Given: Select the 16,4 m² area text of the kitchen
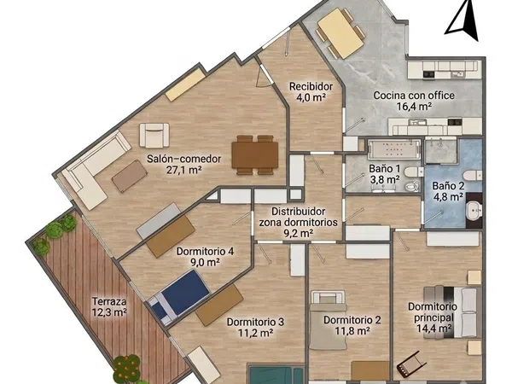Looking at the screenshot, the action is point(414,106).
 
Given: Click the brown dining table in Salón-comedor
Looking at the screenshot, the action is point(254,155).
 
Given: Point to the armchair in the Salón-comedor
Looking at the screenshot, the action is point(154,135).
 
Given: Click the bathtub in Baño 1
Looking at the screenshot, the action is point(394,149).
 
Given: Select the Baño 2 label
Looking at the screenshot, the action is point(448,186).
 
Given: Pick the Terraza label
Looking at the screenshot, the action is point(109,300).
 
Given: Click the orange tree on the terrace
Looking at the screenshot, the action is point(126,369).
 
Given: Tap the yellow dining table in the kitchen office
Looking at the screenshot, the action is point(340,33).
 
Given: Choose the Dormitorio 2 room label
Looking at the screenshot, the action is point(352,320).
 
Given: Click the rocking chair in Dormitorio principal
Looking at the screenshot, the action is point(411,364).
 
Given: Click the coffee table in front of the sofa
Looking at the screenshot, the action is point(130,177).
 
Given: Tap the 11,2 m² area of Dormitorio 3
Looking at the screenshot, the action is point(256,333).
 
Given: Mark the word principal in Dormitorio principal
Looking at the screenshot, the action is point(434,317).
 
